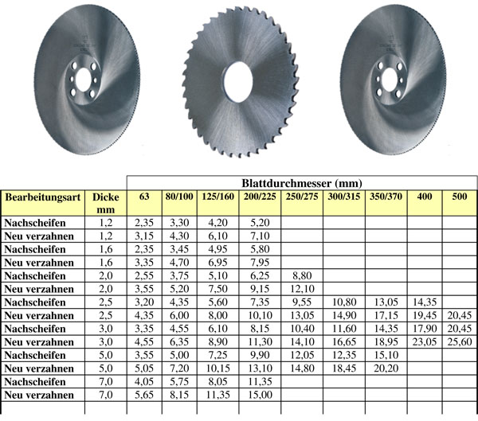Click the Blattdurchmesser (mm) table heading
(x=302, y=183)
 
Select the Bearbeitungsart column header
(x=43, y=197)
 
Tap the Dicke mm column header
(x=105, y=203)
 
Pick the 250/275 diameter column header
(x=302, y=197)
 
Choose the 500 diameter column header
(x=460, y=197)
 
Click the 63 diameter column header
(x=144, y=197)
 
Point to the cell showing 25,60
(x=460, y=341)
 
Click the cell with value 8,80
(x=302, y=275)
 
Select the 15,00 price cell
(x=260, y=395)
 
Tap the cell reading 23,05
(x=425, y=341)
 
